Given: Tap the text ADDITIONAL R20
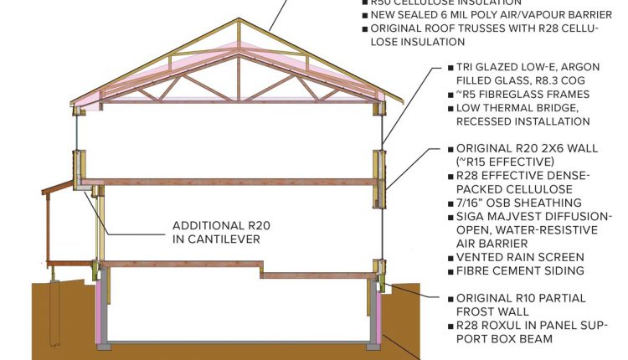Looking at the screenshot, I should tap(222, 225).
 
